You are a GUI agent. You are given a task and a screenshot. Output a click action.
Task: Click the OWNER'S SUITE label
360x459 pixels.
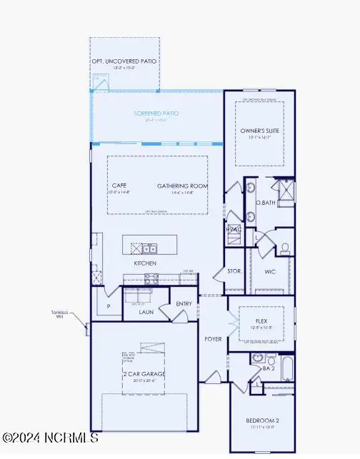pyautogui.click(x=260, y=131)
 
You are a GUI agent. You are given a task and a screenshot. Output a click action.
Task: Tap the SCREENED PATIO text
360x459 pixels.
pyautogui.click(x=156, y=114)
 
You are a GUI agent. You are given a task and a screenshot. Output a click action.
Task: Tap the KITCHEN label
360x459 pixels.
pyautogui.click(x=145, y=263)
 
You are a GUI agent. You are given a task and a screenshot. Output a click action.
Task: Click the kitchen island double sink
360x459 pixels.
pyautogui.click(x=149, y=248)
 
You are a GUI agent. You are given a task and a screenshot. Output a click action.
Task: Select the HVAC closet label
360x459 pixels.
pyautogui.click(x=234, y=229)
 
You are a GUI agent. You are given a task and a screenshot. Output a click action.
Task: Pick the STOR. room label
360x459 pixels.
pyautogui.click(x=235, y=272)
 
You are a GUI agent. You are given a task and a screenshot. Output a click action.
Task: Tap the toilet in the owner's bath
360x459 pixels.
pyautogui.click(x=284, y=248)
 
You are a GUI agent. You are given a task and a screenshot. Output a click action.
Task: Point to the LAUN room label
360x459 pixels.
pyautogui.click(x=146, y=311)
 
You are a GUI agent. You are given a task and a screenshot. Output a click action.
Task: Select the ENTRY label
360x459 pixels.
pyautogui.click(x=184, y=304)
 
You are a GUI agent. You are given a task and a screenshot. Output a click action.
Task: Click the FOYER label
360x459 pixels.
pyautogui.click(x=214, y=339)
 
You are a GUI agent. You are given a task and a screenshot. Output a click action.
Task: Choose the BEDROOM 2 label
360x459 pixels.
pyautogui.click(x=262, y=420)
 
